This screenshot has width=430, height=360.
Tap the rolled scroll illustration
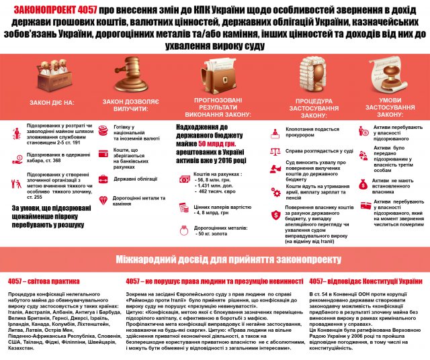coord(387,75)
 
